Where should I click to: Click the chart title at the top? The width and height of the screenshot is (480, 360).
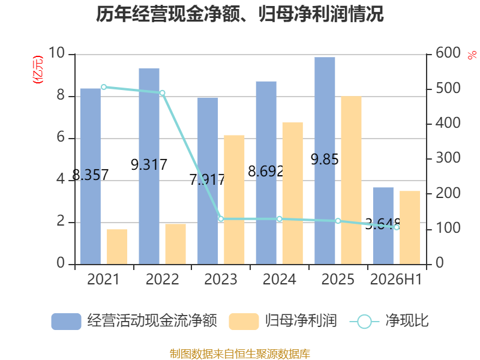click(239, 14)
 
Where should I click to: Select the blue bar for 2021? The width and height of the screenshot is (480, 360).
click(91, 176)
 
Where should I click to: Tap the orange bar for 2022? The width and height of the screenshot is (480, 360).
click(176, 244)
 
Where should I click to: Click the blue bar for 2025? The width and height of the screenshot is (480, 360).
click(325, 161)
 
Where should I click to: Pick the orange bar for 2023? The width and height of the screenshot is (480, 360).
click(234, 200)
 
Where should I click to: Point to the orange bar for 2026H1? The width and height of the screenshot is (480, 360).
click(410, 227)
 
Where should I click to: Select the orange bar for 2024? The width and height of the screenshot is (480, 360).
click(293, 193)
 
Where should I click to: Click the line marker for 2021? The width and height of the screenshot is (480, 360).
click(104, 87)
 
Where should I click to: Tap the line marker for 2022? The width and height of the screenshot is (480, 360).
click(162, 93)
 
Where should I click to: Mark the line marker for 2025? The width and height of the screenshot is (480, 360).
click(338, 221)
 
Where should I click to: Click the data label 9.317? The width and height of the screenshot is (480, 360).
click(149, 164)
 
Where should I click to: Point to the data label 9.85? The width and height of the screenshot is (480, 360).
click(325, 159)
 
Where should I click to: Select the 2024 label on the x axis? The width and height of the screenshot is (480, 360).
click(280, 279)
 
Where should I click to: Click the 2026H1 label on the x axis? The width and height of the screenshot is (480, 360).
click(396, 279)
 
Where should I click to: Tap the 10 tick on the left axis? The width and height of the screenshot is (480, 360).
click(56, 53)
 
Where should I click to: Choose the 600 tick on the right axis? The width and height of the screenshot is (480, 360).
click(448, 53)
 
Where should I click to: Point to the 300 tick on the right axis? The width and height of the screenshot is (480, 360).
click(448, 158)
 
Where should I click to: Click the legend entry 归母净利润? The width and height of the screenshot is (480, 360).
click(283, 321)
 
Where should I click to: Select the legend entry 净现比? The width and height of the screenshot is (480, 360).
click(389, 321)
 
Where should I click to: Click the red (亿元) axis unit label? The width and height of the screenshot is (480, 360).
click(38, 70)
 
